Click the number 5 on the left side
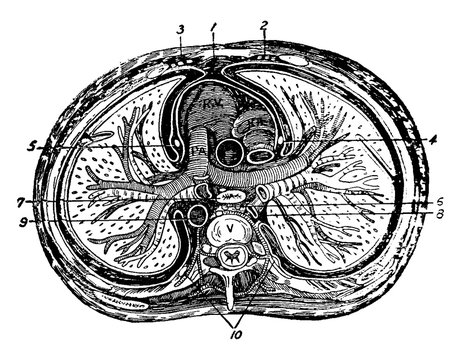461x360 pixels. click(34, 147)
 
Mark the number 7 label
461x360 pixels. click(21, 201)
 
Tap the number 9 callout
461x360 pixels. click(21, 221)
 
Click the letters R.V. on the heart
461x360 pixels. click(212, 103)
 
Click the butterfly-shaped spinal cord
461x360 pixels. click(231, 258)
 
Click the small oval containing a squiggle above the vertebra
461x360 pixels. click(230, 198)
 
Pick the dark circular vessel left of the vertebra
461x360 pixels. click(195, 215)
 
